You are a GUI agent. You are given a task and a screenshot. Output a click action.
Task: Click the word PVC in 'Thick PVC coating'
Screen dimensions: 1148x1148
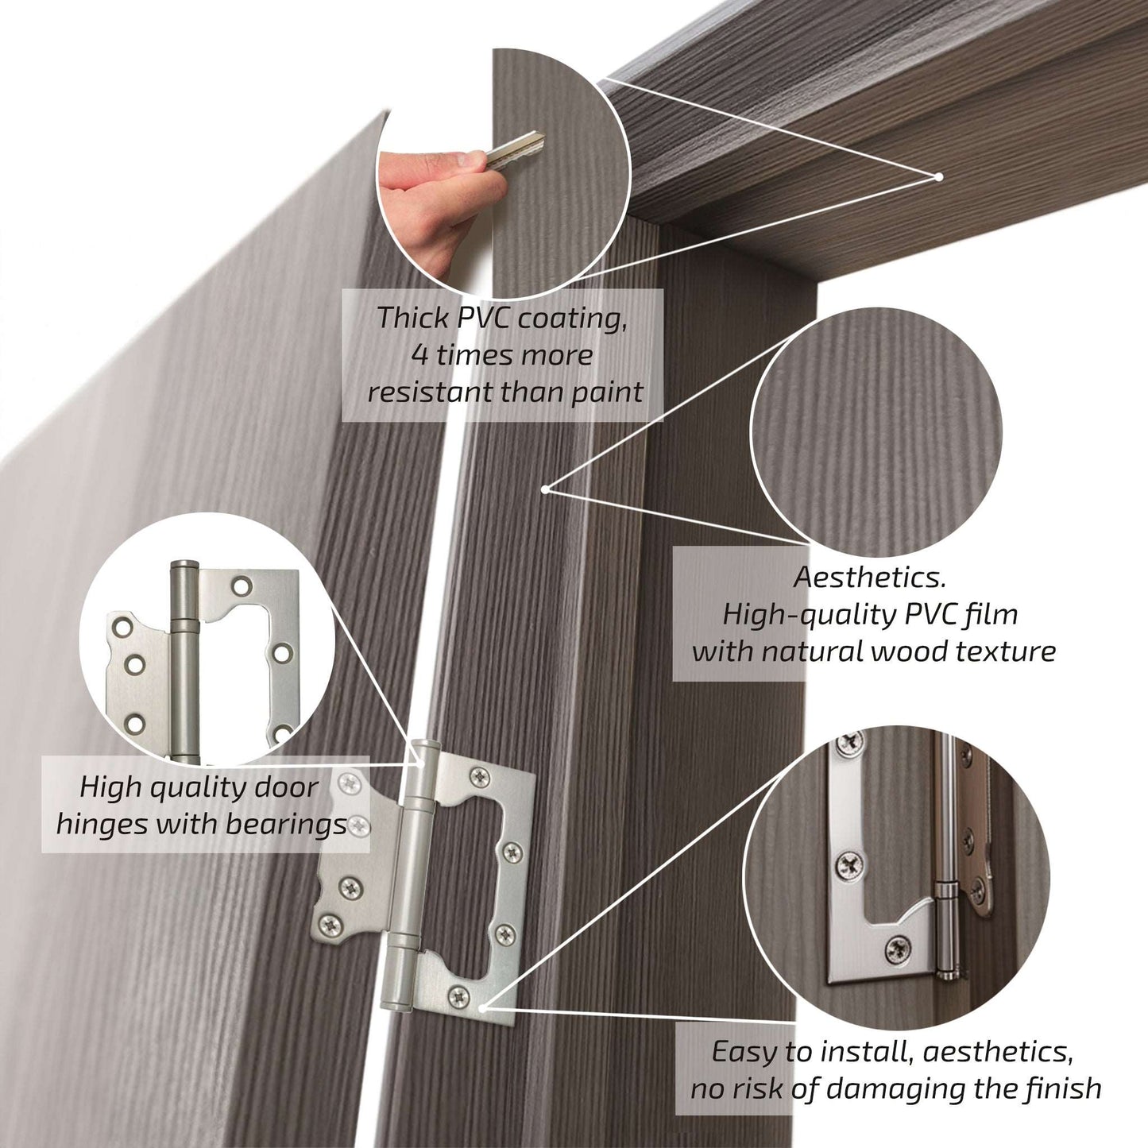point(482,318)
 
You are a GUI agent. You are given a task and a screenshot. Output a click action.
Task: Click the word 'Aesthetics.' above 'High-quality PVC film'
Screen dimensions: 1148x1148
point(869,578)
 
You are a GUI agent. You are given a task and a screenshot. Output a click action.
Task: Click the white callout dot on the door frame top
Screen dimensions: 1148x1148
point(938,176)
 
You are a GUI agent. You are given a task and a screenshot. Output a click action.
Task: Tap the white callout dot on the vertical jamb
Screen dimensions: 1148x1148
point(545,489)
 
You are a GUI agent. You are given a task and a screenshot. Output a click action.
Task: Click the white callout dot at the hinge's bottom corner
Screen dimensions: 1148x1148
point(483,972)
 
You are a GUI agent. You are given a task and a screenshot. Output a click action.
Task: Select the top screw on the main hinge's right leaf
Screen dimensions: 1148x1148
point(480,776)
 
